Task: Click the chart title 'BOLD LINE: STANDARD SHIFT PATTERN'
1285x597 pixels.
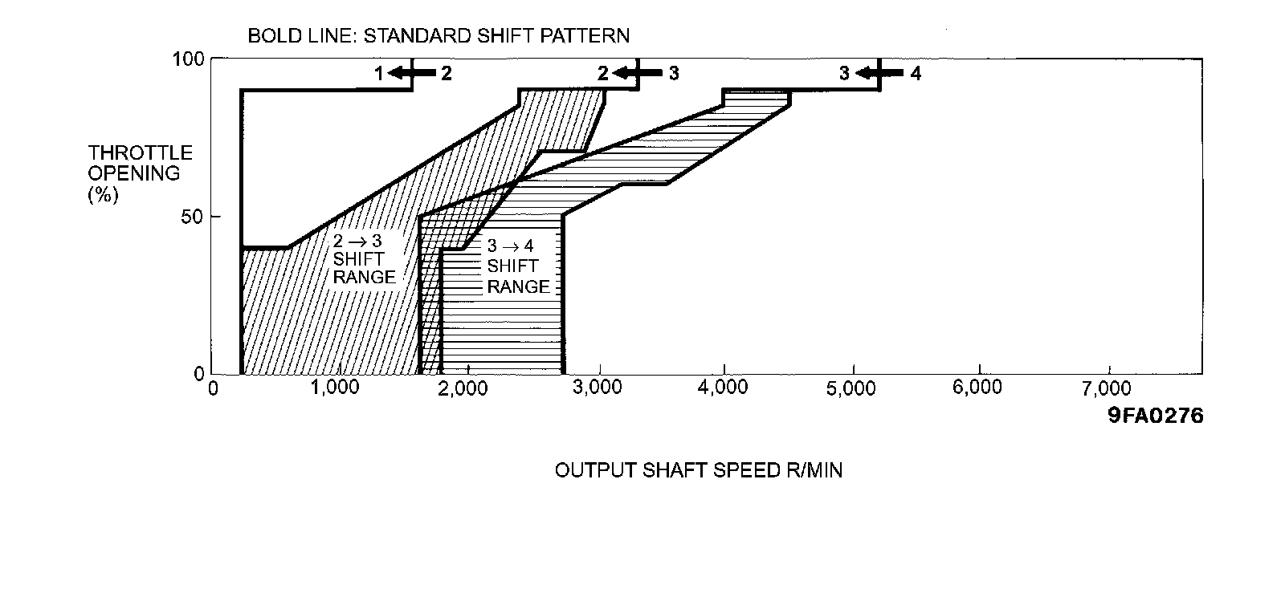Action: point(438,36)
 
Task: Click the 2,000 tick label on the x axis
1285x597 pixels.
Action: point(465,388)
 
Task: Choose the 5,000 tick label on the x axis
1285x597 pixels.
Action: point(851,388)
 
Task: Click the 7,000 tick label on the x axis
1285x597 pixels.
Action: point(1108,388)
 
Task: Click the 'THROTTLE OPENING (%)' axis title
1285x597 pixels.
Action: point(140,174)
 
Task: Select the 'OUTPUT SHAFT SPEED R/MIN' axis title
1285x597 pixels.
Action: point(699,470)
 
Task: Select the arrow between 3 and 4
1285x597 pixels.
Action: point(876,74)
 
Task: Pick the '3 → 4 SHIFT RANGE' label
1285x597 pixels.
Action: point(517,266)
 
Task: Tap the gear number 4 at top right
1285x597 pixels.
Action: point(916,74)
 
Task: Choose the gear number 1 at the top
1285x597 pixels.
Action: point(378,74)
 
